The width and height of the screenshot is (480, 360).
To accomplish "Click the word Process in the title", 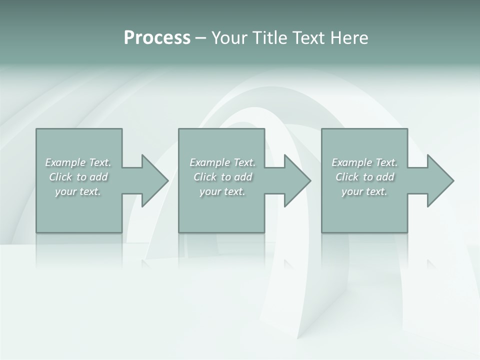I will [x=157, y=38].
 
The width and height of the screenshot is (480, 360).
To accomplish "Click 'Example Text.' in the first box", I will [x=78, y=162].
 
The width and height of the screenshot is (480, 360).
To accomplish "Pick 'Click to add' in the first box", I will [x=78, y=177].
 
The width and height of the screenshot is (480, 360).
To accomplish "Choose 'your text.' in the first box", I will [x=78, y=191].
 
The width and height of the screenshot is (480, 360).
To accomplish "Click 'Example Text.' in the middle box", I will [x=222, y=162].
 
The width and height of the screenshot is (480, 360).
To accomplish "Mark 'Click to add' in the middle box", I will [x=222, y=177].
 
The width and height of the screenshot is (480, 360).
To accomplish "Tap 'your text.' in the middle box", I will [x=222, y=191].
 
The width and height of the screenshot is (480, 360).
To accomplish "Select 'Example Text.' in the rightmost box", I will [x=364, y=162].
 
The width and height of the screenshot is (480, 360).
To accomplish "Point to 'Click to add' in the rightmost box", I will [x=364, y=177].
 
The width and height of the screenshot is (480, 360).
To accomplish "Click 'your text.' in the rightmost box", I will [x=364, y=191].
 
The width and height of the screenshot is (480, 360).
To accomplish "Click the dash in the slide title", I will [x=200, y=38].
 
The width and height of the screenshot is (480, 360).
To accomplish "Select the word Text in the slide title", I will [x=309, y=38].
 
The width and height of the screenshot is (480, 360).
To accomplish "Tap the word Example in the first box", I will [x=65, y=162].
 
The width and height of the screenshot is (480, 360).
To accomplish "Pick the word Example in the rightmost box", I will [x=352, y=162].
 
